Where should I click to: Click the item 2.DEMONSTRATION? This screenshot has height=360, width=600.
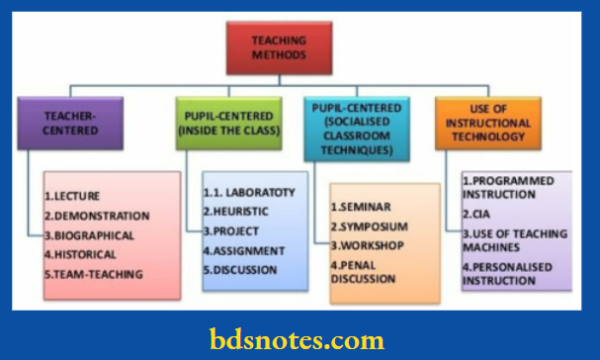[x=95, y=216]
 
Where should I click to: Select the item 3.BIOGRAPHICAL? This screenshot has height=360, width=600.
[x=90, y=235]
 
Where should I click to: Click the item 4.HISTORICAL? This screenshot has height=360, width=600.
[x=82, y=255]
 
